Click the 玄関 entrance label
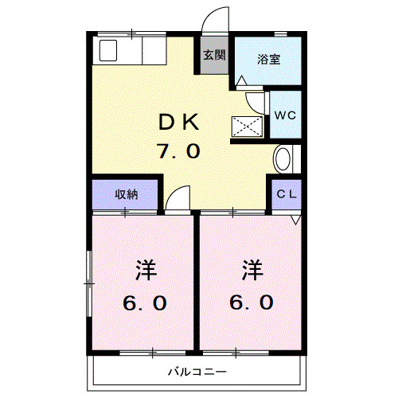[213, 56]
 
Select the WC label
[284, 115]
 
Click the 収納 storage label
[126, 194]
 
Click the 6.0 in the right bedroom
[252, 302]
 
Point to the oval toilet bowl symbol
[283, 159]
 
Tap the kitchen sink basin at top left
[107, 52]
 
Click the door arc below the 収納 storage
[178, 197]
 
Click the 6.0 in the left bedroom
[145, 302]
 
